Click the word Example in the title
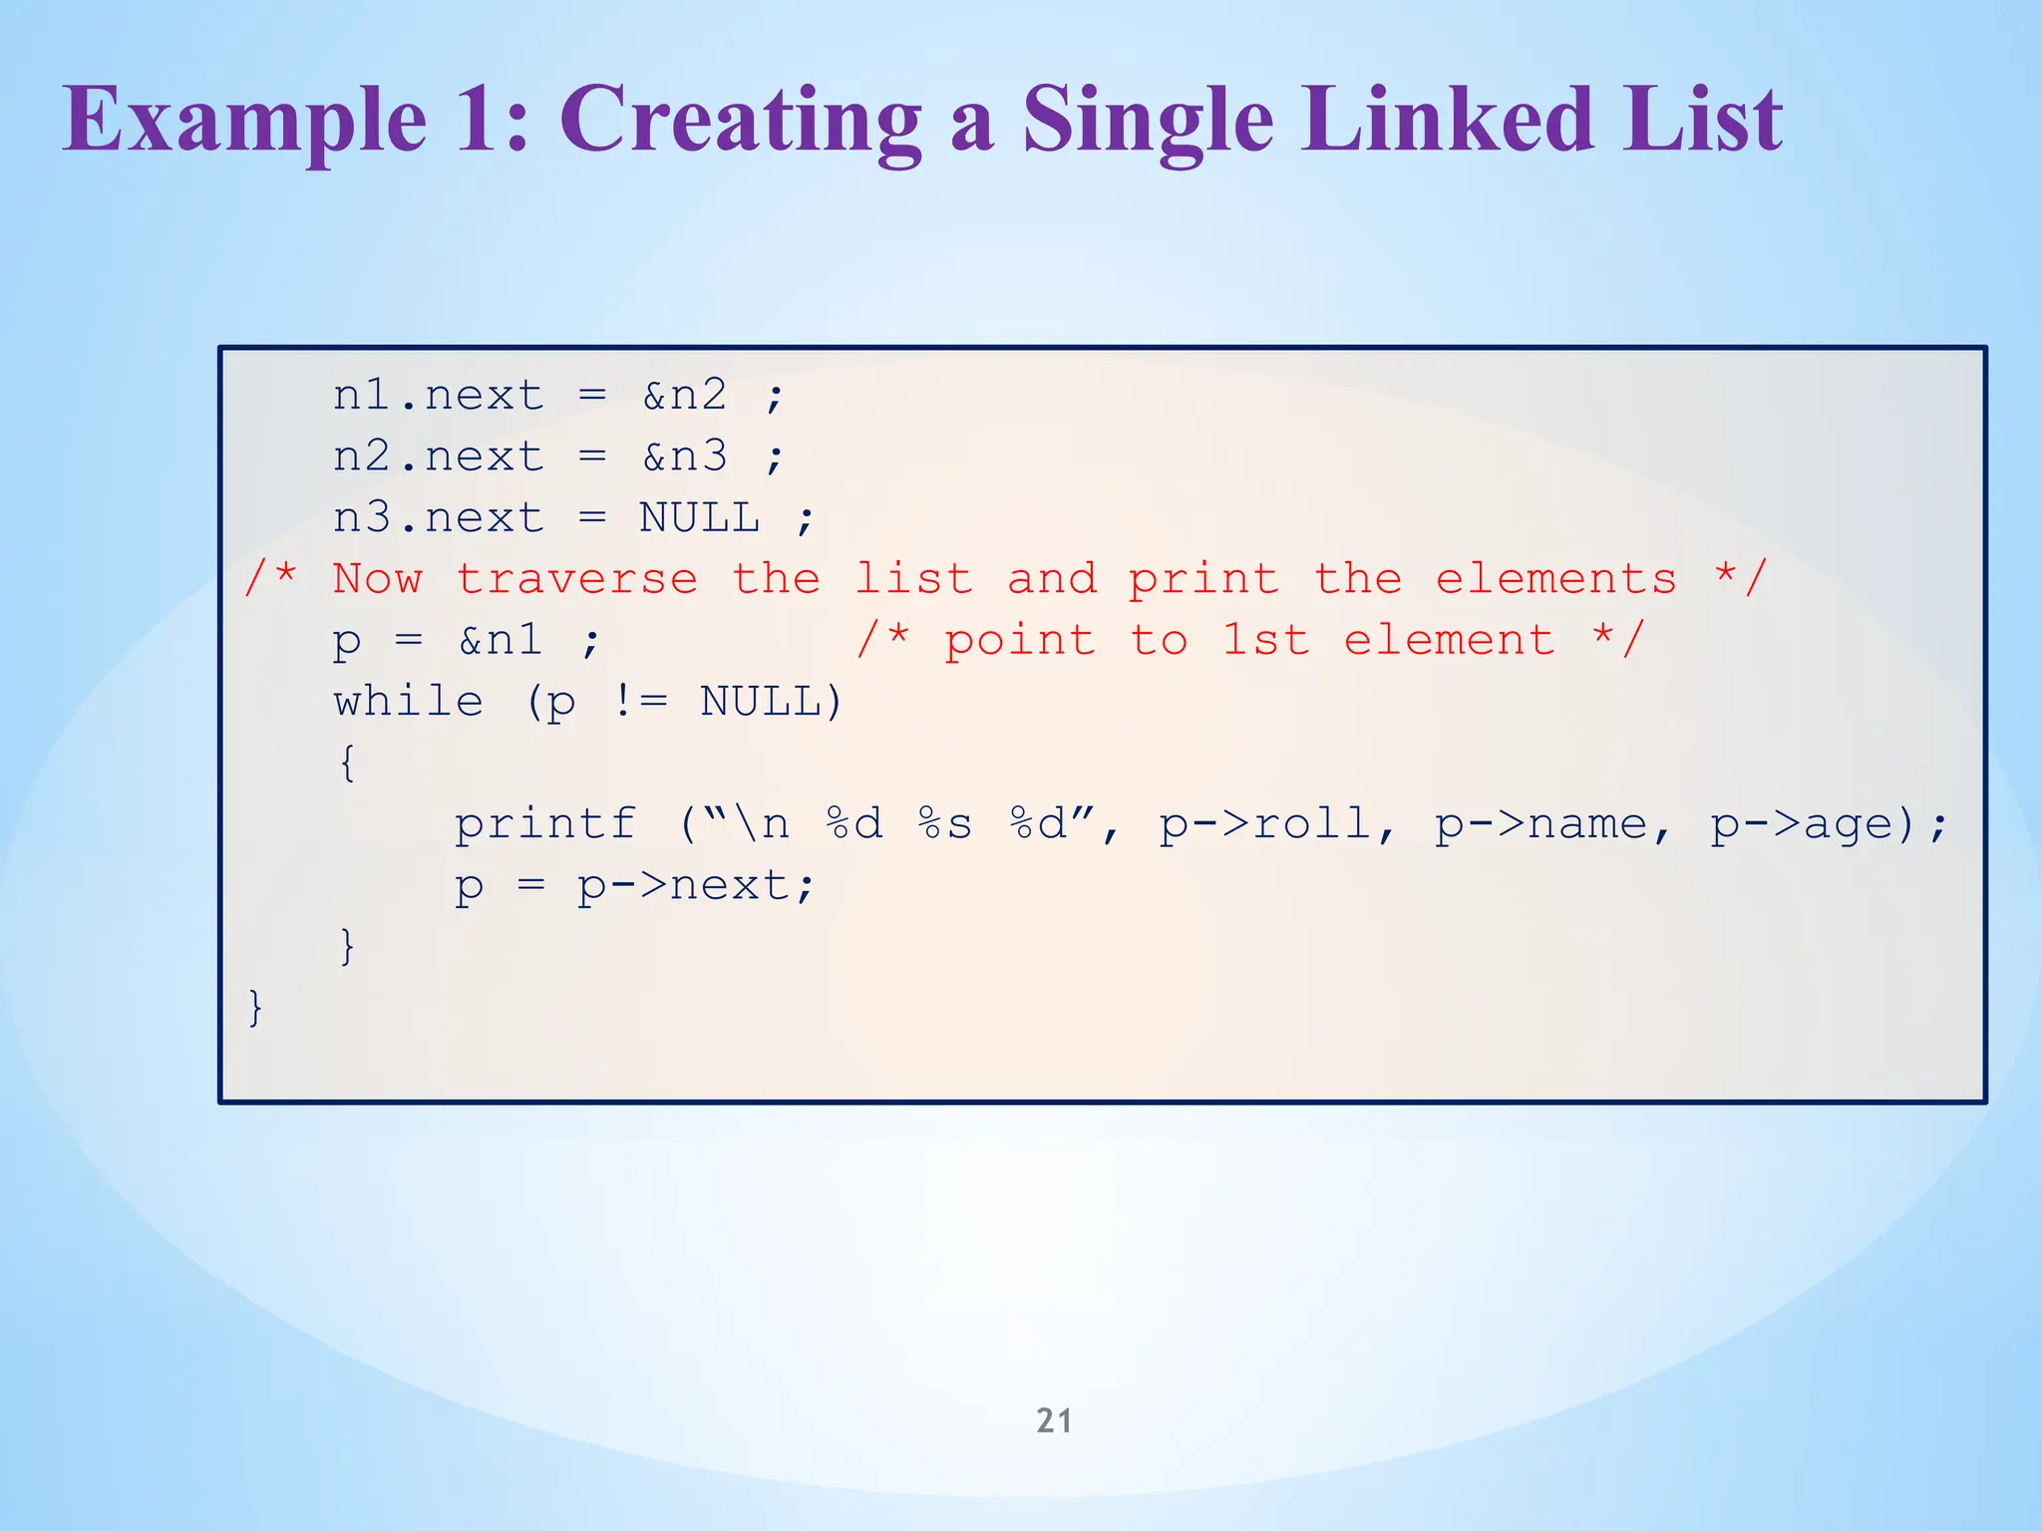(245, 122)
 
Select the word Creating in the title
(740, 122)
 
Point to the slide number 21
(1054, 1420)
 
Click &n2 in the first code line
(685, 396)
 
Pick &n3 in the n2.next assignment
(685, 458)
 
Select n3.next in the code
(439, 518)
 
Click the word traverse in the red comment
(577, 579)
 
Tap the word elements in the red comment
(1555, 579)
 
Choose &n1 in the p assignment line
(501, 640)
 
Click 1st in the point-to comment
(1265, 640)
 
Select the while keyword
(409, 702)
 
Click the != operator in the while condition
(639, 702)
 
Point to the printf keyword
(545, 824)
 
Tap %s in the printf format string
(944, 824)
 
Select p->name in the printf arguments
(1540, 824)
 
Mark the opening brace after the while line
(347, 764)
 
